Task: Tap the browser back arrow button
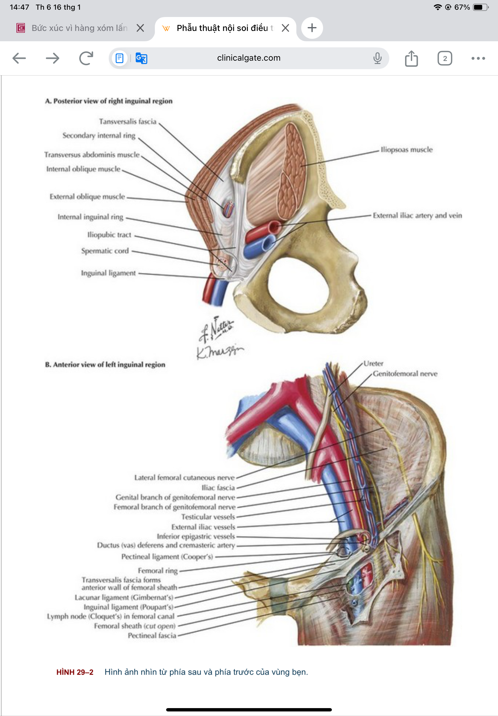coord(19,58)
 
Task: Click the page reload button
coord(86,58)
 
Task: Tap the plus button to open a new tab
coord(312,28)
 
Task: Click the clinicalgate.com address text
coord(249,58)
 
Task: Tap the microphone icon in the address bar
coord(377,58)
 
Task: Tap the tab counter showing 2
coord(445,58)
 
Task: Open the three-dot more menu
coord(478,58)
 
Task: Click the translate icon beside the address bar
coord(141,58)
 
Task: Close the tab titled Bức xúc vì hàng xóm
coord(140,28)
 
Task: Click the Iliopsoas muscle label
coord(407,150)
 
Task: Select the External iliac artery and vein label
coord(418,215)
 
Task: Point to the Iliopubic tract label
coord(109,235)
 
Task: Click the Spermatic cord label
coord(105,251)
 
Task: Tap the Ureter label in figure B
coord(373,363)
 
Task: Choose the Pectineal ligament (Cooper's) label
coord(167,557)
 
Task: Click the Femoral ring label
coord(158,571)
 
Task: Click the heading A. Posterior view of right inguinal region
coord(109,101)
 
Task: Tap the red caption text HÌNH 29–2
coord(75,672)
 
